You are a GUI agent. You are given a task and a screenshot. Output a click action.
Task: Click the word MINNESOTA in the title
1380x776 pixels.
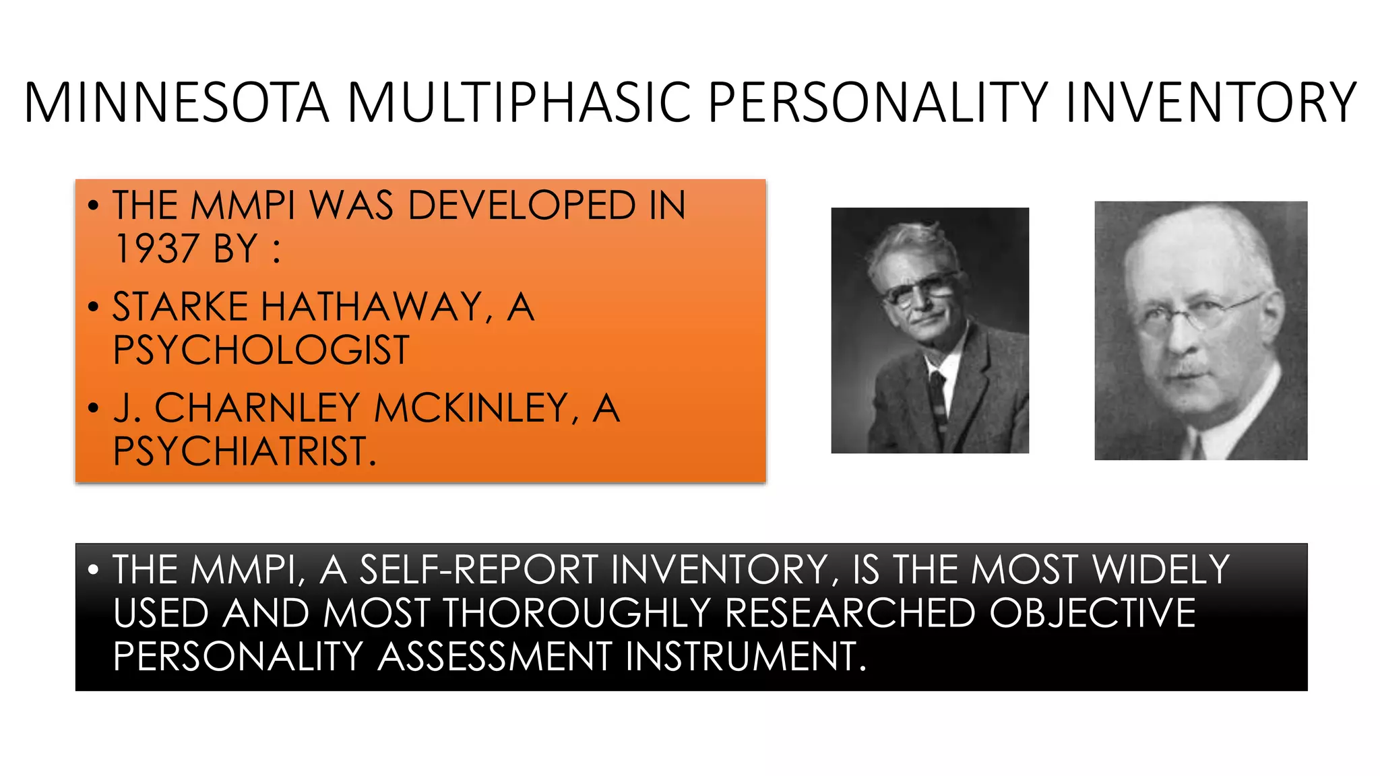(x=177, y=102)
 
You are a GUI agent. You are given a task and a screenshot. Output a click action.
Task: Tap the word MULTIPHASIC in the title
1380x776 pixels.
(x=519, y=102)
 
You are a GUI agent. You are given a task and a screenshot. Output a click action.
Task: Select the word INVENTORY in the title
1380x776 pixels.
(x=1211, y=102)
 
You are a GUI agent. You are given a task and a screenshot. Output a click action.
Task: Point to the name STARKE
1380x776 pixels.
(x=180, y=307)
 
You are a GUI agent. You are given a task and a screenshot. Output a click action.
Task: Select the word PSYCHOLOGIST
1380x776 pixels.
(x=261, y=350)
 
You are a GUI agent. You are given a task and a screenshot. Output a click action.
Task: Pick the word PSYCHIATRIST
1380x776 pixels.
(x=244, y=451)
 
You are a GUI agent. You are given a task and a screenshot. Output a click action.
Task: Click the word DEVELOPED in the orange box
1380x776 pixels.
(x=522, y=205)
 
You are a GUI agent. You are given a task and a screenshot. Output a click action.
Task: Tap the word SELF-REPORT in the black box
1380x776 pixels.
(x=479, y=570)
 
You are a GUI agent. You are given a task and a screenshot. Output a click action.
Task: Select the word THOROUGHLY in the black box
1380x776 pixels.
(x=577, y=614)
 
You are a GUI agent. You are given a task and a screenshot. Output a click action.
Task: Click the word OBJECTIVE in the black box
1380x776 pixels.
(x=1092, y=614)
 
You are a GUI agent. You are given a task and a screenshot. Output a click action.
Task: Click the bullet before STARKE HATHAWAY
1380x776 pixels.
(x=94, y=308)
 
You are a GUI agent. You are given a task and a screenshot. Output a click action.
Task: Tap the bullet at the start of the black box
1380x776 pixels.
(x=94, y=571)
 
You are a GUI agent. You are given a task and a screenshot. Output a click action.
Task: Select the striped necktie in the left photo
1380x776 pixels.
(x=939, y=397)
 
